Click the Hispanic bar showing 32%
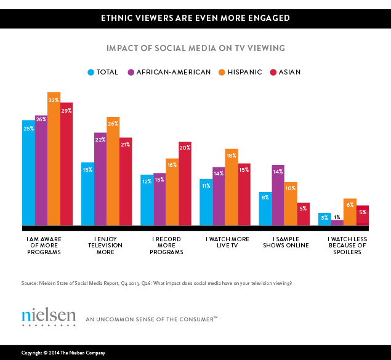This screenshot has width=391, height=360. (54, 160)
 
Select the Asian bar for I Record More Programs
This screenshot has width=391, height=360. (185, 185)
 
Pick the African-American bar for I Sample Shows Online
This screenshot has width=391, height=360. (278, 196)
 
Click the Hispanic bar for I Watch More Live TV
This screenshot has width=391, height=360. (231, 188)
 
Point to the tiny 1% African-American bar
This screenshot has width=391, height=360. (337, 223)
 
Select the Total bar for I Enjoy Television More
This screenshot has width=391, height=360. (87, 194)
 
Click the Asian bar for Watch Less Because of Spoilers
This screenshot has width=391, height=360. (363, 216)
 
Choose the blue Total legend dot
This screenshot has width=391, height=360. (91, 72)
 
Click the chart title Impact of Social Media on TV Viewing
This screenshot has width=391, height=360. (195, 47)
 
